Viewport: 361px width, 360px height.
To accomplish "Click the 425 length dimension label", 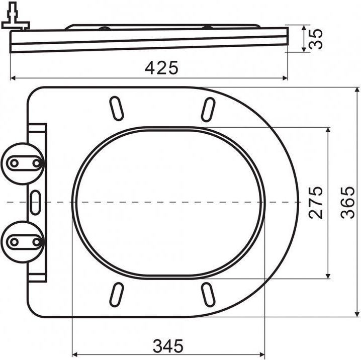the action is (x=161, y=68).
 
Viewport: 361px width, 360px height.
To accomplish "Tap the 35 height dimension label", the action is (x=316, y=39).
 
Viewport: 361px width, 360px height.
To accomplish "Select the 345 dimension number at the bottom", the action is (x=168, y=346).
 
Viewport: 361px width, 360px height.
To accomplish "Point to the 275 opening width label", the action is (x=316, y=203).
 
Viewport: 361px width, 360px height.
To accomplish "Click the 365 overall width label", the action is (x=347, y=203).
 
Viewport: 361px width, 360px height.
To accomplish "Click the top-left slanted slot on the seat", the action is (x=116, y=109).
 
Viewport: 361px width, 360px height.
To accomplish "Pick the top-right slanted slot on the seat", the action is (x=208, y=110).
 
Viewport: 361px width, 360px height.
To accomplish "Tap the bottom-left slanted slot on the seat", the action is (x=116, y=295).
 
